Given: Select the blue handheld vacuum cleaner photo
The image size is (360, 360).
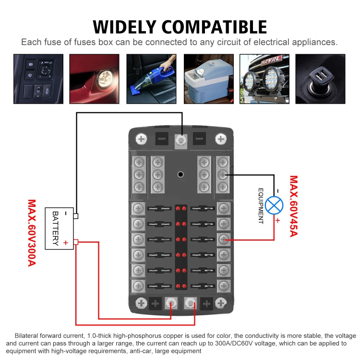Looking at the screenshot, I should click(x=151, y=79).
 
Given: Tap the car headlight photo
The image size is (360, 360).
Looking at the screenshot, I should click(x=95, y=79).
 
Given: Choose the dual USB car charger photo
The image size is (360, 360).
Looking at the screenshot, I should click(x=320, y=79).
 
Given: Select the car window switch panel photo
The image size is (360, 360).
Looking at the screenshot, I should click(x=38, y=79).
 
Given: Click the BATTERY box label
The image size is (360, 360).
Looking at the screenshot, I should click(x=55, y=228).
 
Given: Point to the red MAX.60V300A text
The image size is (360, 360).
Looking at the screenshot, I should click(x=32, y=233).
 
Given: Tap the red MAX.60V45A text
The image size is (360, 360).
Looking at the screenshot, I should click(x=293, y=206).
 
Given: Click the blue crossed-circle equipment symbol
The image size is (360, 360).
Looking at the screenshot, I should click(x=274, y=205).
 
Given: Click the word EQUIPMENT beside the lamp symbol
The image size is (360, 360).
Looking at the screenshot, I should click(x=261, y=206).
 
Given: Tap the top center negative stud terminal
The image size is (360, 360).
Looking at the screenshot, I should click(x=181, y=140).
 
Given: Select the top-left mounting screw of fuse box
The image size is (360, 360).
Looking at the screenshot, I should click(x=141, y=139).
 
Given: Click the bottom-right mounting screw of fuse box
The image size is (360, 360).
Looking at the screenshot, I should click(x=221, y=303).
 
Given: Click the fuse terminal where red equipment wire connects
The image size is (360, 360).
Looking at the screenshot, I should click(x=223, y=239).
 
